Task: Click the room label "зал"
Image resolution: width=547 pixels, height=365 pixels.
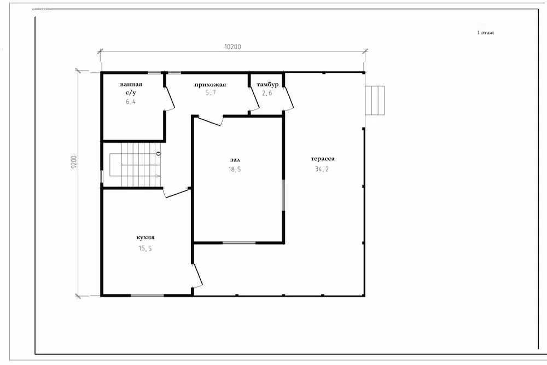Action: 235,160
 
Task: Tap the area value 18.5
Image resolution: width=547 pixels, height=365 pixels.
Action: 235,169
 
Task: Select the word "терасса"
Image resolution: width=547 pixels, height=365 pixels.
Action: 322,159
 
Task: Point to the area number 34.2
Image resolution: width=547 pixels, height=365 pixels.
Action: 322,169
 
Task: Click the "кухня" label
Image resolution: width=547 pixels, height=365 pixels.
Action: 146,237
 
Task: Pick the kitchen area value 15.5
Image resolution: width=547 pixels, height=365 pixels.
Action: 145,248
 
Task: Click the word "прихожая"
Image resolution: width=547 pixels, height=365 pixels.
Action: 210,84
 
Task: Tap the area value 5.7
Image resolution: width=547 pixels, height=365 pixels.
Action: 211,92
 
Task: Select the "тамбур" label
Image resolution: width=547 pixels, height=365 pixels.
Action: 267,84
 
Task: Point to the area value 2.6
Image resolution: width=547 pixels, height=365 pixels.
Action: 267,93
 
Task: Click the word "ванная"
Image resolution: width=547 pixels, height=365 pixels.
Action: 131,84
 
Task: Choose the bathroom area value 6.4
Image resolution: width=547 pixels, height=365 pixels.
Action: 131,102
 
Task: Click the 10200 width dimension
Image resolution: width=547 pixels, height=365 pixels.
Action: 232,47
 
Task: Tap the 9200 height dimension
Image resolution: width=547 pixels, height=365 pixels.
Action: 74,163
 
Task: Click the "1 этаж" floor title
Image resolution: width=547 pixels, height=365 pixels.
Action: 486,32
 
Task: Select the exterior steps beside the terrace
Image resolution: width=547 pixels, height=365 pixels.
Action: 375,101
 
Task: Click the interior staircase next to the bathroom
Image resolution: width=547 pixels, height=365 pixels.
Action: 135,165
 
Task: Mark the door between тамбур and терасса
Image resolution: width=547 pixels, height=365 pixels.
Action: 288,99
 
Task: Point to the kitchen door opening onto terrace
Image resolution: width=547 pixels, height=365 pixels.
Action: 197,276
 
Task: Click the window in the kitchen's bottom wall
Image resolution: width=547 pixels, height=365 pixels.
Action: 147,296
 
